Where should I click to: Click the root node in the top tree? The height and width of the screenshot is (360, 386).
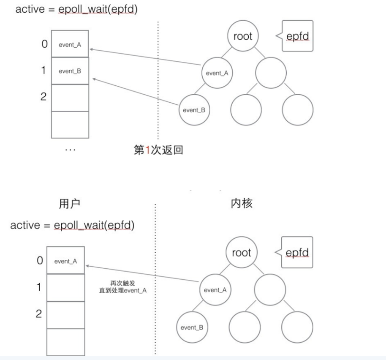point(242,37)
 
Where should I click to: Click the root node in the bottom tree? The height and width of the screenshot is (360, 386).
point(241,253)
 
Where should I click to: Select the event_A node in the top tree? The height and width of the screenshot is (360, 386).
point(217,73)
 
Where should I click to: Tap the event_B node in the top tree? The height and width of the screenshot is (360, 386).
point(194,110)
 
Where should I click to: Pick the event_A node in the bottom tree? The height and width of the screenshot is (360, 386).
point(215,290)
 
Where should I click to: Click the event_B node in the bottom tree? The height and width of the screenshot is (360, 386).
point(193,327)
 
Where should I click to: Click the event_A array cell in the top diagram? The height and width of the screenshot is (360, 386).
point(70,44)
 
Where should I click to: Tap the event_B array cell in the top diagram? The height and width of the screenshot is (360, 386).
point(70,71)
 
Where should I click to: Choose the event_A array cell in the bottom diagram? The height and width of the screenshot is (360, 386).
point(65,261)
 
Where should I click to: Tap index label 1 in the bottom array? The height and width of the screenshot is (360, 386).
point(39,287)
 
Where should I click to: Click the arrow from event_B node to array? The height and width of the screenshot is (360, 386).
point(135,91)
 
